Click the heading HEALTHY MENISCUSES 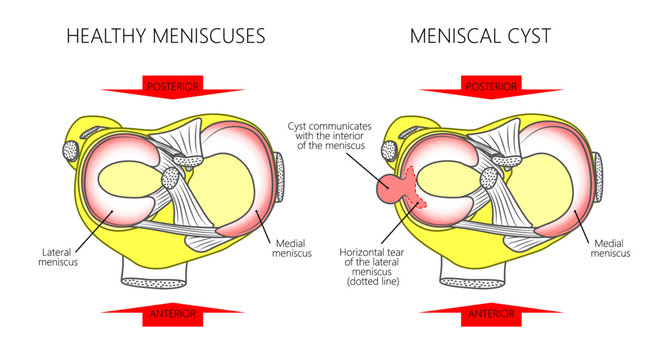(x=165, y=37)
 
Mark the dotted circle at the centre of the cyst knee (x=491, y=179)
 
